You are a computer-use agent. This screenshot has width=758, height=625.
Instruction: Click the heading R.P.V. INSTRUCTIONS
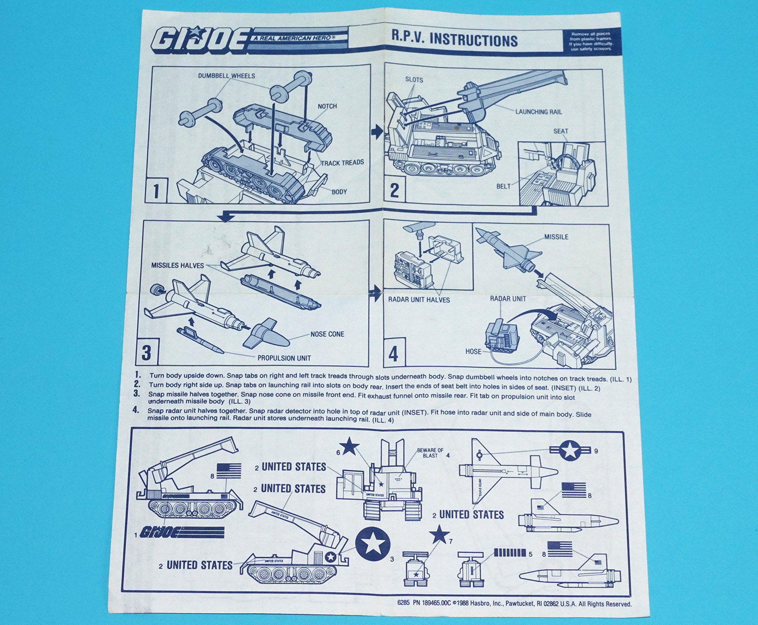[x=454, y=40]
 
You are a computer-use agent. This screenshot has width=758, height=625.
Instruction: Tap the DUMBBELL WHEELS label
[x=226, y=76]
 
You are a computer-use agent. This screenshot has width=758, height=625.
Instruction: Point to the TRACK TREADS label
[x=342, y=163]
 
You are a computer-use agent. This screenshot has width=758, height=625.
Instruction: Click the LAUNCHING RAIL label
[x=539, y=112]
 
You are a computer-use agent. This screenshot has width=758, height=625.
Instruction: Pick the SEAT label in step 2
[x=560, y=131]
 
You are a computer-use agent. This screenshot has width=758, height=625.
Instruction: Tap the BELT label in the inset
[x=504, y=186]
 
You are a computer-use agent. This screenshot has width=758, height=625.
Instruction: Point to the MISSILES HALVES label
[x=177, y=265]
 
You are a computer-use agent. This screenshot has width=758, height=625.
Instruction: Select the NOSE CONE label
[x=327, y=334]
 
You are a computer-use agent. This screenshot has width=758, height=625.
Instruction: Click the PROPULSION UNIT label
[x=284, y=358]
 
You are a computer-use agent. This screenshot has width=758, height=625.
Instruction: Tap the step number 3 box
[x=146, y=353]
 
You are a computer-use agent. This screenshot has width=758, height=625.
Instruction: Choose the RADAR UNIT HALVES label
[x=419, y=299]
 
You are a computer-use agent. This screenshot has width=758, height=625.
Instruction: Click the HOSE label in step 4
[x=473, y=351]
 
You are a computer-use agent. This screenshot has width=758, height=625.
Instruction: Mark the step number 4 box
[x=394, y=353]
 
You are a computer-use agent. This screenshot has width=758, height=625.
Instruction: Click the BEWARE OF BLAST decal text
[x=430, y=453]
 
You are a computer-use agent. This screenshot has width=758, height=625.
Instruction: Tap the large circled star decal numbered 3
[x=373, y=545]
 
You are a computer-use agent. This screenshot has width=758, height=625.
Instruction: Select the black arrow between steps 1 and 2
[x=377, y=132]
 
